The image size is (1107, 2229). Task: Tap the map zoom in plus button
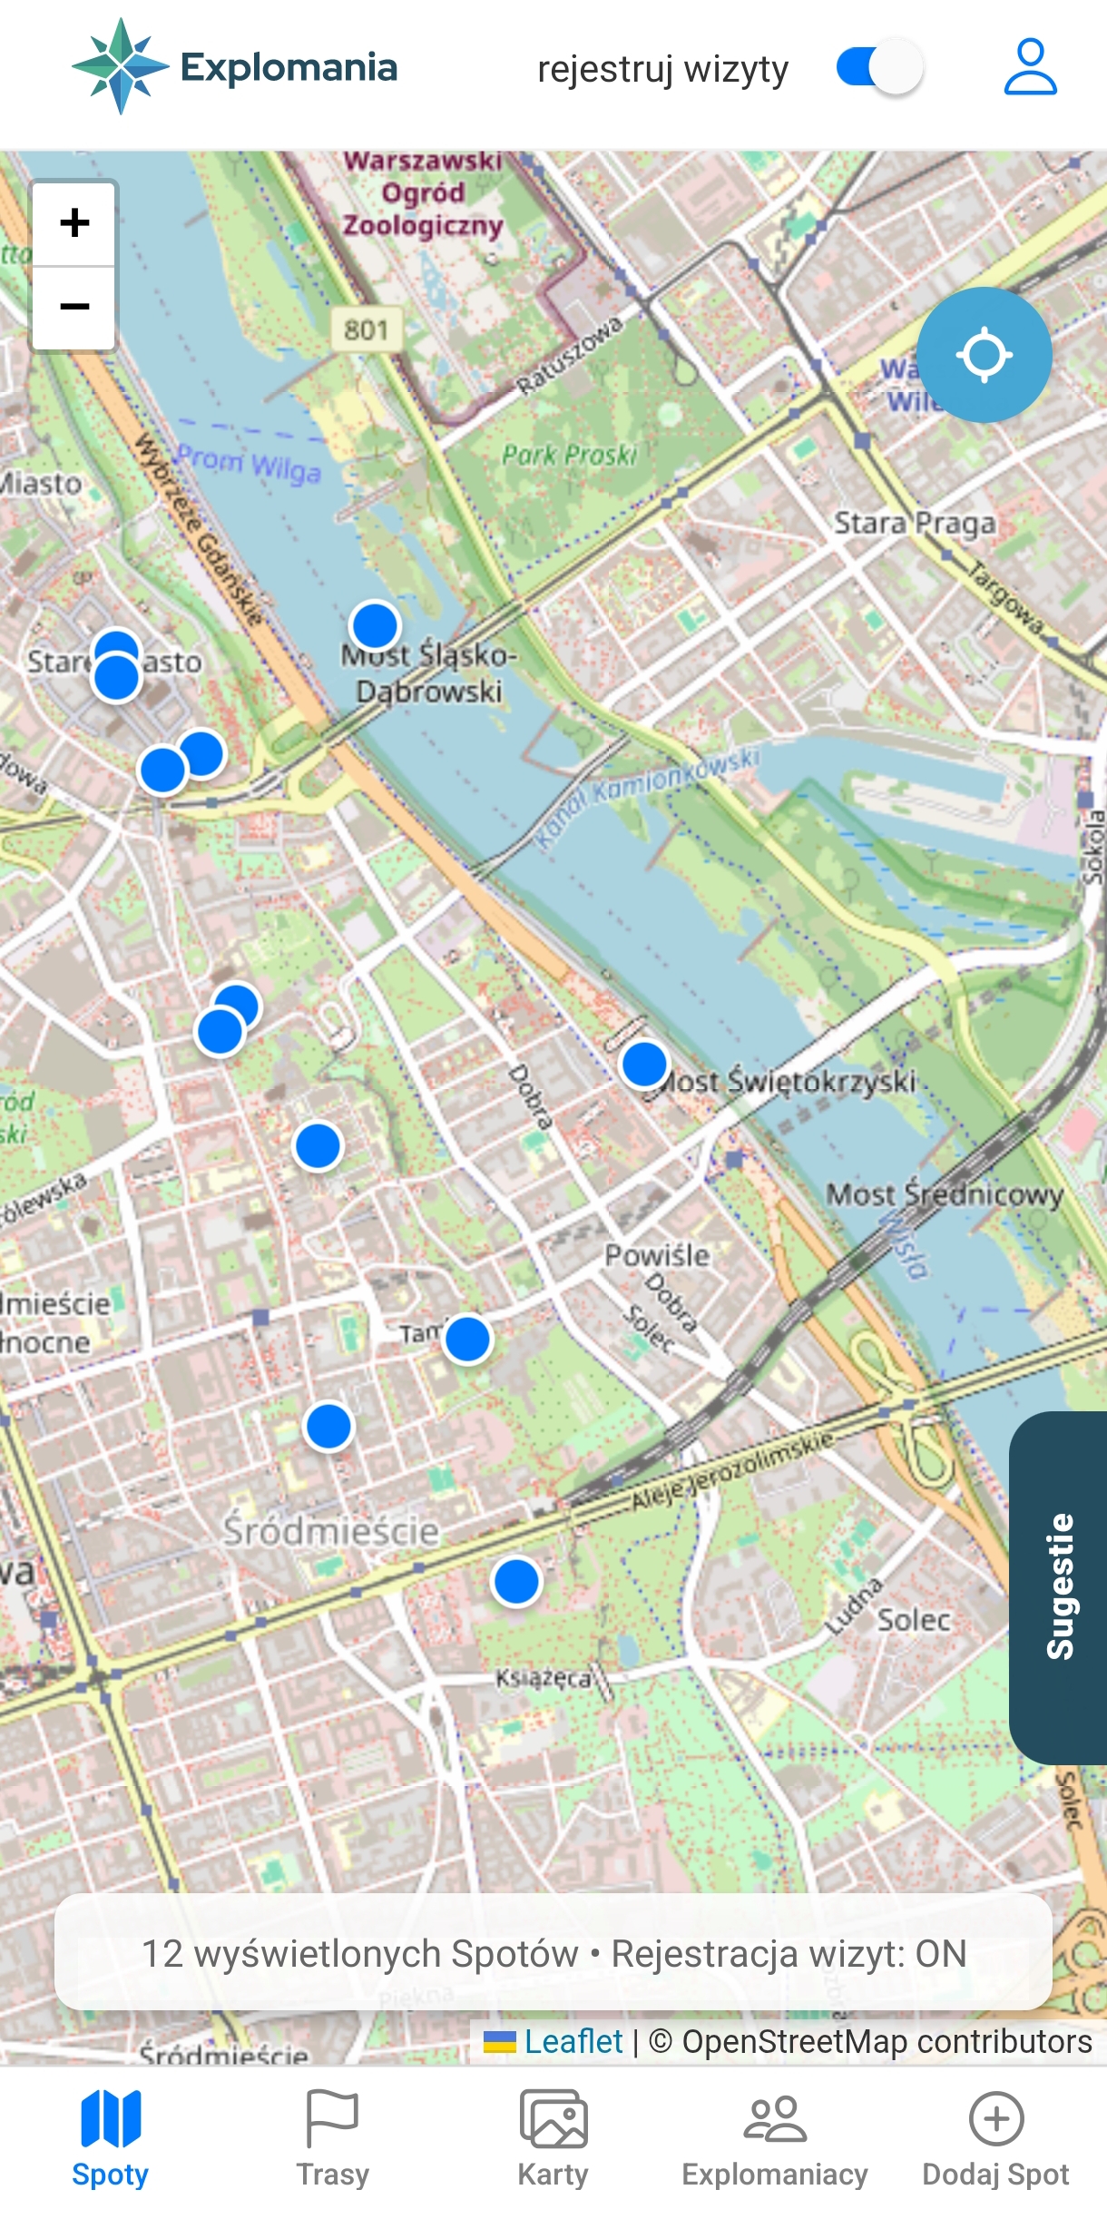[x=74, y=223]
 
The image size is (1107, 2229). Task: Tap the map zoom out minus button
[x=74, y=307]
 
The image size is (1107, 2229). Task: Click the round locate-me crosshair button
[x=984, y=355]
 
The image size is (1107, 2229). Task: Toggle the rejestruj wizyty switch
[x=879, y=67]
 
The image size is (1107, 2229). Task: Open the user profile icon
[x=1030, y=67]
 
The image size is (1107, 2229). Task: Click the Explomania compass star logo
[x=120, y=66]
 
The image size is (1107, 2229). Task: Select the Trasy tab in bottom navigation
[x=332, y=2137]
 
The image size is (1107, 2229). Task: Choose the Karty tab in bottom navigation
[x=553, y=2137]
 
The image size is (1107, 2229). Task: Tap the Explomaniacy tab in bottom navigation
[x=774, y=2137]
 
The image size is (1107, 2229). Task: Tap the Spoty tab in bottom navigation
[x=110, y=2137]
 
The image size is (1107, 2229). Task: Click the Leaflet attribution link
[x=573, y=2041]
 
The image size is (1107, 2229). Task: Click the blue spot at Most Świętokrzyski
[x=644, y=1064]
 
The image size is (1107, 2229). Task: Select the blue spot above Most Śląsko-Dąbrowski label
[x=374, y=625]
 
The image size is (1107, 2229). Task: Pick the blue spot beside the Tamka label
[x=467, y=1340]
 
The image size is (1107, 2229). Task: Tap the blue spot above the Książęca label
[x=516, y=1582]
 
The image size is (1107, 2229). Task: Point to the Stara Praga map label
[x=914, y=524]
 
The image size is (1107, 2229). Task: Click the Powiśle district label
[x=657, y=1256]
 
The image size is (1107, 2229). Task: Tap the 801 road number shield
[x=366, y=329]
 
